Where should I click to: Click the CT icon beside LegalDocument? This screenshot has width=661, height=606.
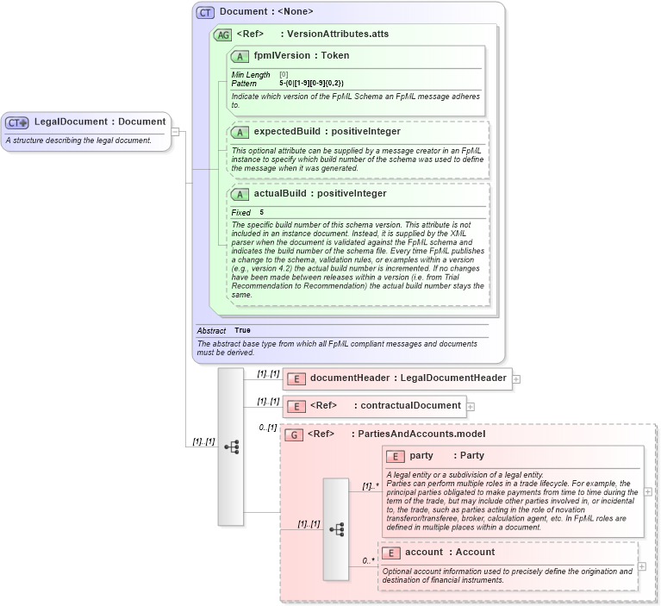(x=17, y=122)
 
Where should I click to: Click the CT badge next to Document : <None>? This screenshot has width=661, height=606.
(x=205, y=12)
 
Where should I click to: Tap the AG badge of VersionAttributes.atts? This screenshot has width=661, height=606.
(x=222, y=35)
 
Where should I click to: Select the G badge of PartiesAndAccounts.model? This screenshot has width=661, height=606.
(x=294, y=434)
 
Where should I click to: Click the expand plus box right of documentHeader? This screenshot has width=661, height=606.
(x=516, y=378)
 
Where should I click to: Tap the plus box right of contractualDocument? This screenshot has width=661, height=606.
(x=471, y=406)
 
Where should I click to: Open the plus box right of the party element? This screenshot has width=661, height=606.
(x=648, y=491)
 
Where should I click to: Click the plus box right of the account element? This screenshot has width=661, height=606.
(x=642, y=566)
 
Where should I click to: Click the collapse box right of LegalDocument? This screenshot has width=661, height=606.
(x=175, y=132)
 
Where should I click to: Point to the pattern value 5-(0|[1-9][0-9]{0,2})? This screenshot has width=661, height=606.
(x=311, y=84)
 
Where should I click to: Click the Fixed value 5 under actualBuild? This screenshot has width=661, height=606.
(x=262, y=212)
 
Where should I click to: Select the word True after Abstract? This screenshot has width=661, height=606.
(x=242, y=330)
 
